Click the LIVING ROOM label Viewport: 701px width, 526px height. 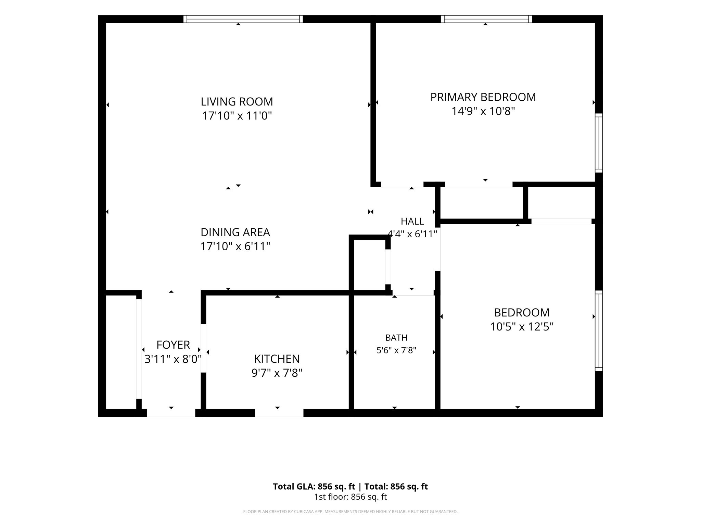pyautogui.click(x=237, y=102)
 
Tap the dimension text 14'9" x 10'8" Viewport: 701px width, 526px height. pyautogui.click(x=483, y=111)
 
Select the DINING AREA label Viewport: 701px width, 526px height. pyautogui.click(x=235, y=232)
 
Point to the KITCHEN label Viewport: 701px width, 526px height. pyautogui.click(x=277, y=359)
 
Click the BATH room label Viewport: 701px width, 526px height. pyautogui.click(x=396, y=338)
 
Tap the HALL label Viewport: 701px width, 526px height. pyautogui.click(x=412, y=221)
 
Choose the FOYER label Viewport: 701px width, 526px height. pyautogui.click(x=173, y=345)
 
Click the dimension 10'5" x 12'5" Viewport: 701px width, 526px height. pyautogui.click(x=522, y=327)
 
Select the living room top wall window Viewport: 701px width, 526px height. pyautogui.click(x=243, y=19)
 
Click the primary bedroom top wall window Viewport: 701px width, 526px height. pyautogui.click(x=486, y=19)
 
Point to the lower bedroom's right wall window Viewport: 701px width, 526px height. pyautogui.click(x=599, y=331)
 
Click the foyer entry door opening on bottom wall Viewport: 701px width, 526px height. pyautogui.click(x=171, y=413)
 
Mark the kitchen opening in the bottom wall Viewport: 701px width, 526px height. pyautogui.click(x=279, y=413)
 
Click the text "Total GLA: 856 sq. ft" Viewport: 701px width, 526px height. pyautogui.click(x=314, y=487)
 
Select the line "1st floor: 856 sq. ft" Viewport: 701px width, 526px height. pyautogui.click(x=350, y=497)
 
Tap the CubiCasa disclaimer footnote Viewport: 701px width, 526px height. pyautogui.click(x=350, y=512)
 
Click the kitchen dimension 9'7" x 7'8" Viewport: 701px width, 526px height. pyautogui.click(x=277, y=373)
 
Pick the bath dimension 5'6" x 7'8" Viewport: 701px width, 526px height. pyautogui.click(x=396, y=350)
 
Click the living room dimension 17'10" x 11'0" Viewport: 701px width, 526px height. pyautogui.click(x=237, y=116)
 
